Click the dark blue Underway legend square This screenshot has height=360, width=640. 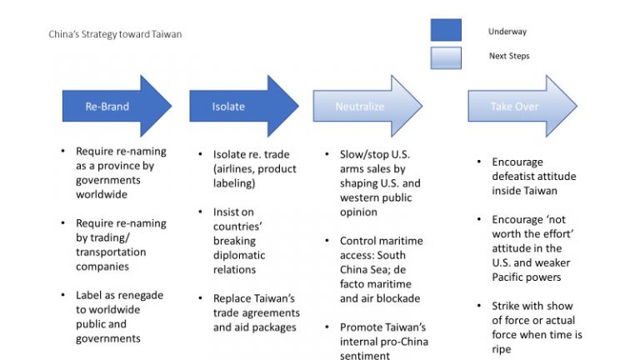click(446, 30)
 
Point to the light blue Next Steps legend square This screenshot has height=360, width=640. click(446, 57)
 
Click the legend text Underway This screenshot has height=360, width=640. click(507, 32)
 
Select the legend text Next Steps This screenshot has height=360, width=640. click(509, 57)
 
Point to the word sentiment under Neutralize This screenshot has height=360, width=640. click(363, 356)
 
